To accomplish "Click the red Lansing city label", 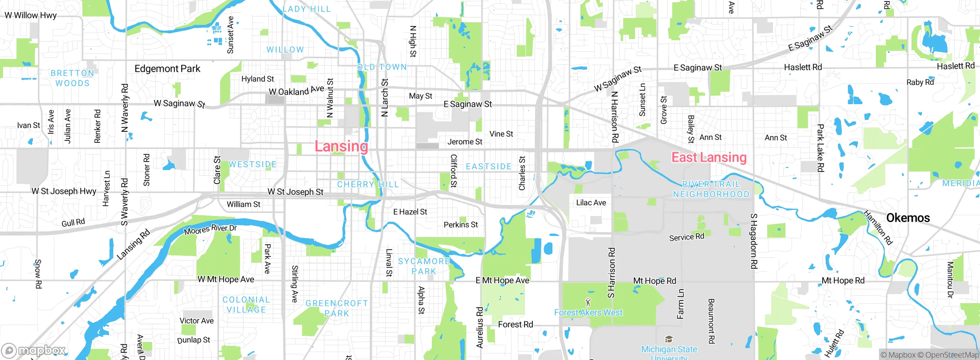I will [x=341, y=146].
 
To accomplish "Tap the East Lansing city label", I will [x=709, y=157].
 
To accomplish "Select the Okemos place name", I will [x=908, y=218].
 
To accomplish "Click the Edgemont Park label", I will [x=167, y=69].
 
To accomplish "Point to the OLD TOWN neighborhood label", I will [x=382, y=67].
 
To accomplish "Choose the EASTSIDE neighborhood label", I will [x=488, y=167].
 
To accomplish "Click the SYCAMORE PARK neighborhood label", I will [x=424, y=266].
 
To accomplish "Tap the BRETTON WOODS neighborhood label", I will [x=72, y=78].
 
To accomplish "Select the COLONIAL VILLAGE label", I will [x=246, y=304].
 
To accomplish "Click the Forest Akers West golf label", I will [x=588, y=313].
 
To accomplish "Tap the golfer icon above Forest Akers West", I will [x=588, y=303].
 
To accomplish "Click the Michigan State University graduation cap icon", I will [x=669, y=339].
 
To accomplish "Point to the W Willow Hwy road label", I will [x=31, y=15].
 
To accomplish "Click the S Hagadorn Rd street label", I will [x=753, y=241].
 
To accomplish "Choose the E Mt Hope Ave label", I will [x=502, y=280].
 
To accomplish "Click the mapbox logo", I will [x=34, y=350].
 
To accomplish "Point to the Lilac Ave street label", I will [x=591, y=203].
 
